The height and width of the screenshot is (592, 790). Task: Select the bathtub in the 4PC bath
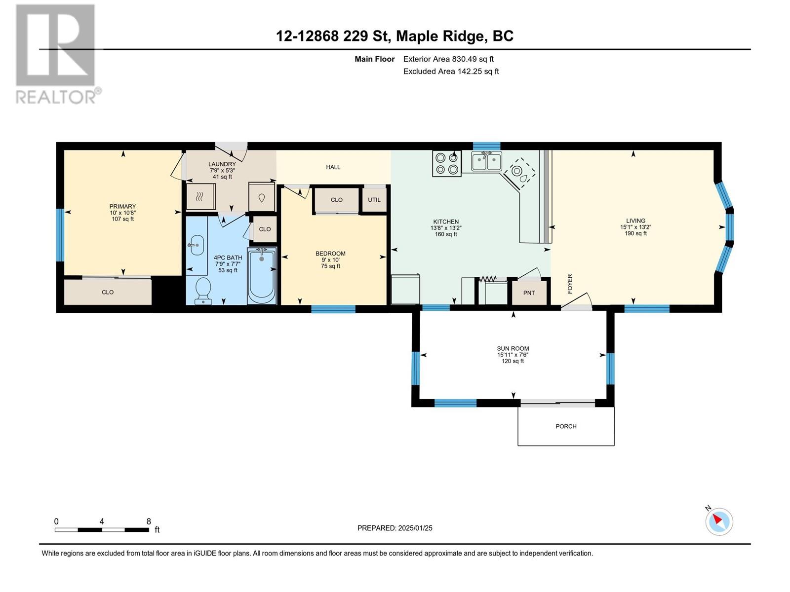tap(262, 275)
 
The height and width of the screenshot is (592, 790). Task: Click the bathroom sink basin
tap(197, 245)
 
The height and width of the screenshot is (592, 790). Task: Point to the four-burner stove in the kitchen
tap(447, 163)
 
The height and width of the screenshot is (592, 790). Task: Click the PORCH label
tap(566, 426)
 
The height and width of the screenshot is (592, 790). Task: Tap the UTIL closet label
tap(374, 200)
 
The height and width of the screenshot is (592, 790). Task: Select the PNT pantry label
tap(529, 293)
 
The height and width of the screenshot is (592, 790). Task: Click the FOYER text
tap(570, 284)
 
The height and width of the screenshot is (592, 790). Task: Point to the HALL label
tap(333, 167)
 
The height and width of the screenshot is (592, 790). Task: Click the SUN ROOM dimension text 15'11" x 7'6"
tap(513, 355)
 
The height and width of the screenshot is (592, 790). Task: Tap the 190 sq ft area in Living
tap(635, 233)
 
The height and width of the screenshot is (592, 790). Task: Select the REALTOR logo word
tap(56, 97)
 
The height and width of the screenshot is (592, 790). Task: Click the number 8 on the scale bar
tap(149, 521)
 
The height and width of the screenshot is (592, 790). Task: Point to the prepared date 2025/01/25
tap(415, 528)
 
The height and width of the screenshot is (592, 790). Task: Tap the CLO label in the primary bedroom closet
tap(108, 292)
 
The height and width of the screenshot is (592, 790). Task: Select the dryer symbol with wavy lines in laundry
tap(201, 197)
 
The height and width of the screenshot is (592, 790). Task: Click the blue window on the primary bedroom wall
tap(59, 235)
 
